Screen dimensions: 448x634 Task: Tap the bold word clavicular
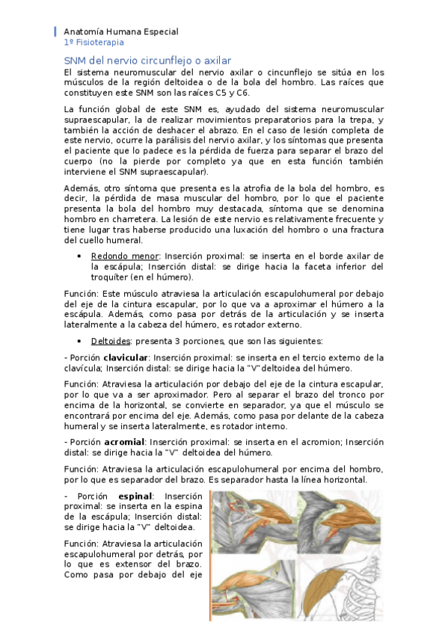pos(126,357)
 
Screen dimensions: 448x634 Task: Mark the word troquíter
pos(113,277)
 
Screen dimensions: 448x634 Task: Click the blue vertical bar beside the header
pos(55,32)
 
